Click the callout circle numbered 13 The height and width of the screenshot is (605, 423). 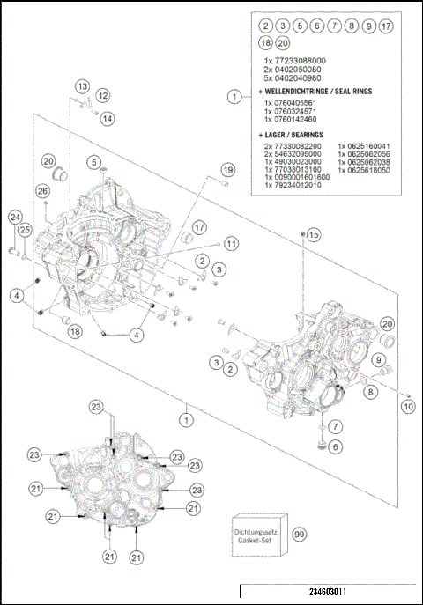click(x=82, y=86)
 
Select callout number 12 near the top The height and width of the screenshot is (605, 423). click(x=103, y=95)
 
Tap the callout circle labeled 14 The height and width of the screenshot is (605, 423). click(x=106, y=118)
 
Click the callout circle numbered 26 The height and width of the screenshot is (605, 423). click(x=41, y=190)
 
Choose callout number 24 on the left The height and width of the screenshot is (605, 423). click(x=14, y=218)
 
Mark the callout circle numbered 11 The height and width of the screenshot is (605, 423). click(x=230, y=243)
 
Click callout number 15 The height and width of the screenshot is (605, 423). click(x=315, y=234)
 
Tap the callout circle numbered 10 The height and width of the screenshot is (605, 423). click(x=407, y=407)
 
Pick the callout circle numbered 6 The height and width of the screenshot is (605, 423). click(x=335, y=447)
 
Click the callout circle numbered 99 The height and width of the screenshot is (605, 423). click(x=300, y=534)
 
